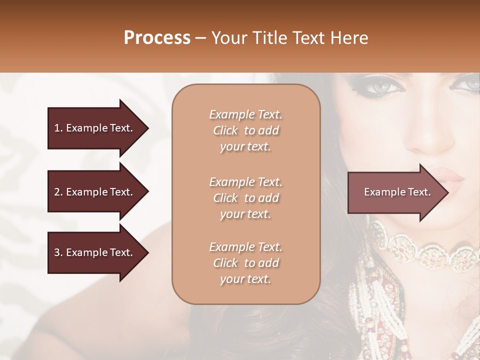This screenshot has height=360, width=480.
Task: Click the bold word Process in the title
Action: tap(157, 38)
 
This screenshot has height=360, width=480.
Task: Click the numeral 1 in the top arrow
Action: tap(57, 128)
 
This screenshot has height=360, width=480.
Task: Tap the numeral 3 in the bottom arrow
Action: tap(57, 253)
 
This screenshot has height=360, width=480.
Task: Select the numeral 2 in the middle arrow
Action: tap(57, 192)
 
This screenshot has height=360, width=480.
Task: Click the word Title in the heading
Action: tap(268, 38)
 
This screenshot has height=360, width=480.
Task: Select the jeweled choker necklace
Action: tap(425, 247)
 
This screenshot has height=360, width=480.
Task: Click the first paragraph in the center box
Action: tap(246, 130)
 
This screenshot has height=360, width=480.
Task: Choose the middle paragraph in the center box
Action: tap(246, 197)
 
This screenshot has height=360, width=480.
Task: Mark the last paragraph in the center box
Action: tap(246, 263)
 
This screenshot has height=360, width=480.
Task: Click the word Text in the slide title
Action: tap(310, 38)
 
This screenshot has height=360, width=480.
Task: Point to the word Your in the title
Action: tap(230, 38)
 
